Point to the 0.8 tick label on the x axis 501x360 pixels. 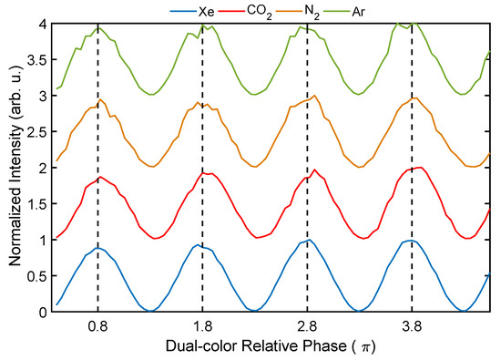[97, 325]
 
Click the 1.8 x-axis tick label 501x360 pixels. [202, 325]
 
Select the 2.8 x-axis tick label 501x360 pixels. [307, 325]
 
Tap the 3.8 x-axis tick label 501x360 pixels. [412, 325]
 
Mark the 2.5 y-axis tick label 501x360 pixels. [36, 131]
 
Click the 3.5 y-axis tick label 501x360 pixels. [36, 59]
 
